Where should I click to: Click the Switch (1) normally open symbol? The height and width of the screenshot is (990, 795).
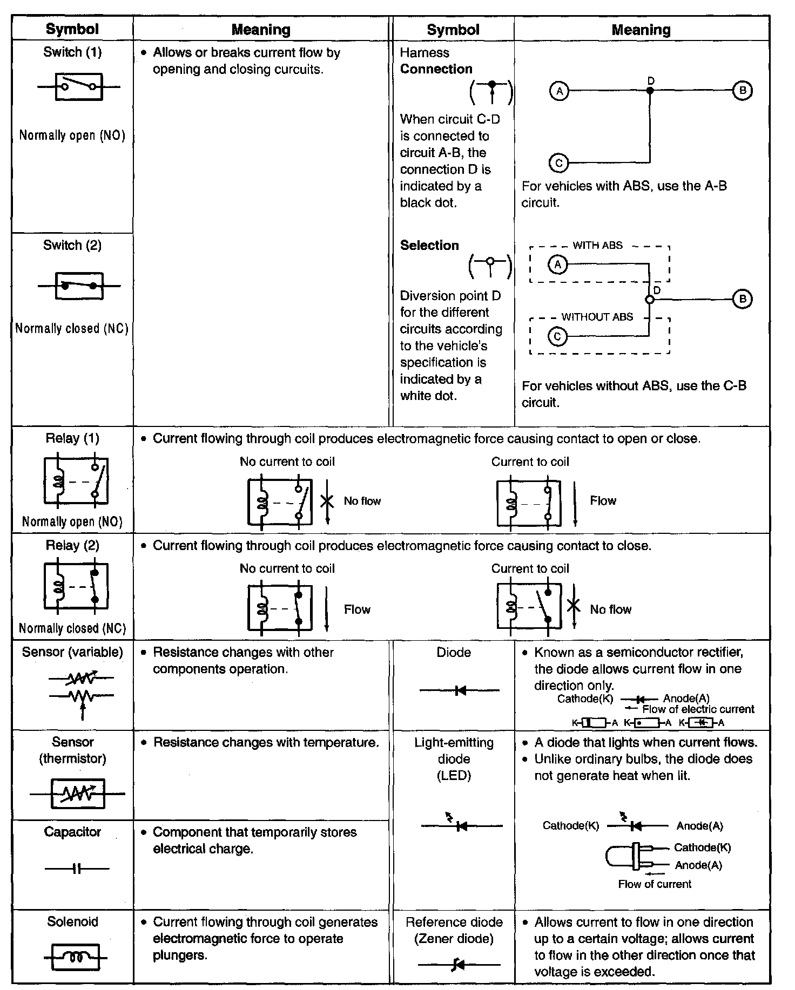coord(79,86)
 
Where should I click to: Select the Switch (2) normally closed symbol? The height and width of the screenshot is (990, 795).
coord(79,286)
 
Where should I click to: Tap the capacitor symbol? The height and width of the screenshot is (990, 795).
coord(77,869)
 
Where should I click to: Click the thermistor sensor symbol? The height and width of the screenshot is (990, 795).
coord(78,794)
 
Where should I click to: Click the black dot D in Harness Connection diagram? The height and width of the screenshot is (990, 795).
coord(650,91)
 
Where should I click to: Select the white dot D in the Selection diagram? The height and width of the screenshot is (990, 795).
coord(650,300)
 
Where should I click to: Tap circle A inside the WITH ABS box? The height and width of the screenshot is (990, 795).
coord(557,265)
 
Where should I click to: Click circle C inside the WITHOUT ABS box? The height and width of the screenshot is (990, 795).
coord(557,337)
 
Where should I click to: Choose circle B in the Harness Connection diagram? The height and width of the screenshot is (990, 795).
coord(742,91)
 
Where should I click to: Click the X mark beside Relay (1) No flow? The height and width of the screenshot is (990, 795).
coord(327,501)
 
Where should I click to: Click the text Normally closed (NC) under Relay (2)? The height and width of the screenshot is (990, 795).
coord(72,628)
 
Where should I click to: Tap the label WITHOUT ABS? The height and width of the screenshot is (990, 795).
coord(597,317)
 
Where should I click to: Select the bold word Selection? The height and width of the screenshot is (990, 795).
coord(429,246)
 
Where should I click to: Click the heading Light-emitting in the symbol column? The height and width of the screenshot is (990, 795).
coord(454,743)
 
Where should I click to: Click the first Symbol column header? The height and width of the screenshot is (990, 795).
coord(72,29)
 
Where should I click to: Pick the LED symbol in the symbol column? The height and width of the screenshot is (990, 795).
coord(461,825)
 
